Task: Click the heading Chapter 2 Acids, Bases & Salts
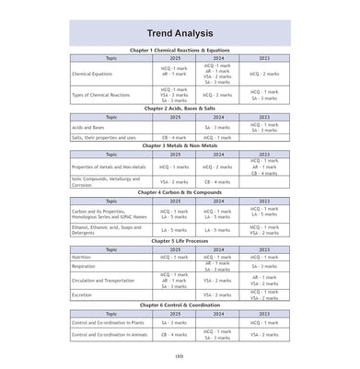point(180,109)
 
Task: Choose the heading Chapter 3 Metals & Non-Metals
point(180,145)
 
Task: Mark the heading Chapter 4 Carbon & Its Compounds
point(180,192)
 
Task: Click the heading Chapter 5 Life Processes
point(180,240)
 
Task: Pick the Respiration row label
point(86,266)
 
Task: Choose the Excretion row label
point(84,295)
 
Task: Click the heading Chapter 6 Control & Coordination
point(180,306)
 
